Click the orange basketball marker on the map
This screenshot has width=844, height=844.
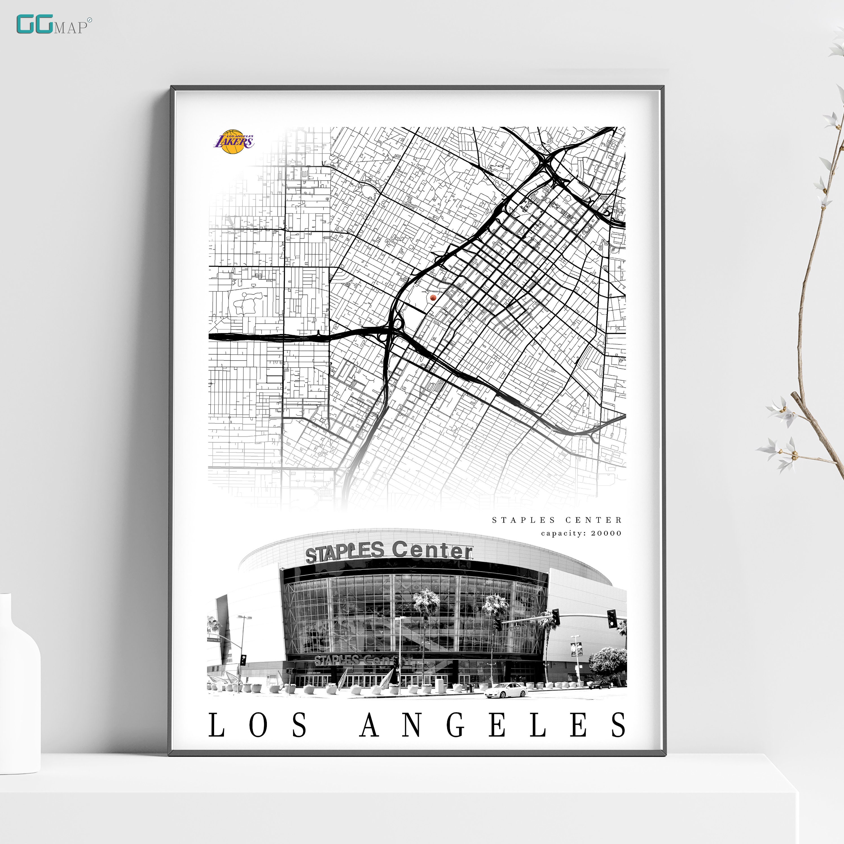[x=433, y=298]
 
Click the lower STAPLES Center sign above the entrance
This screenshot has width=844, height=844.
[x=358, y=660]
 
